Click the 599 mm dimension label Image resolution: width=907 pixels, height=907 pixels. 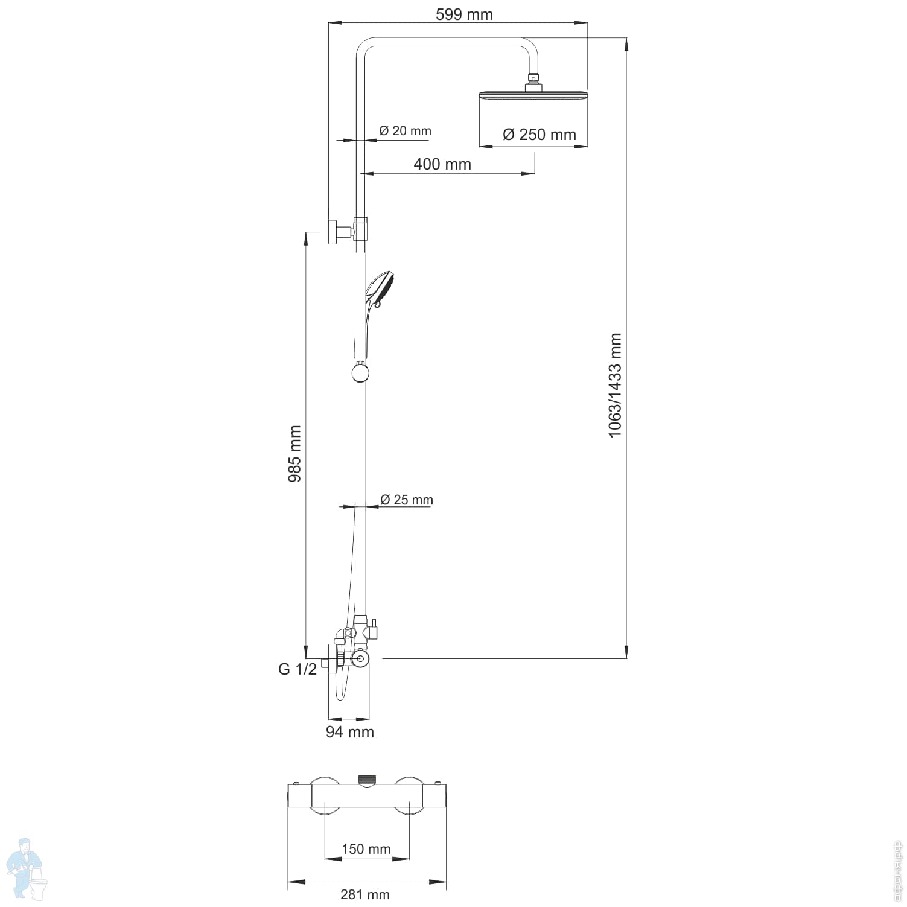464,14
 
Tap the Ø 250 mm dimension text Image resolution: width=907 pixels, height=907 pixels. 539,135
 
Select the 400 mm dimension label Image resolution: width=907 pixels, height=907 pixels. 442,164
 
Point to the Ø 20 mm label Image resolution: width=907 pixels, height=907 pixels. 405,131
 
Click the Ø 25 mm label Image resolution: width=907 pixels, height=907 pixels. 407,500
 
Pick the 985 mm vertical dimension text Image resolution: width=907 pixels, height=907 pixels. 294,454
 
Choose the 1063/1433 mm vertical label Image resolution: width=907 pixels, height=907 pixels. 614,385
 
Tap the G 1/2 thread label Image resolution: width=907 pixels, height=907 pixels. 297,669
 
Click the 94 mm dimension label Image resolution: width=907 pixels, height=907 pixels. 350,732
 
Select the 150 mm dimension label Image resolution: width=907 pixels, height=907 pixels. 366,849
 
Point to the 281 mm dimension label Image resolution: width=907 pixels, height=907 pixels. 365,894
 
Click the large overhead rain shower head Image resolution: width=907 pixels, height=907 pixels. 533,96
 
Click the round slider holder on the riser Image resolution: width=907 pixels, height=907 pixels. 360,372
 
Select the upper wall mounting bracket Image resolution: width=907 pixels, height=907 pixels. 334,232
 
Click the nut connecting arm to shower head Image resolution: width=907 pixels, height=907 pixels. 533,78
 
